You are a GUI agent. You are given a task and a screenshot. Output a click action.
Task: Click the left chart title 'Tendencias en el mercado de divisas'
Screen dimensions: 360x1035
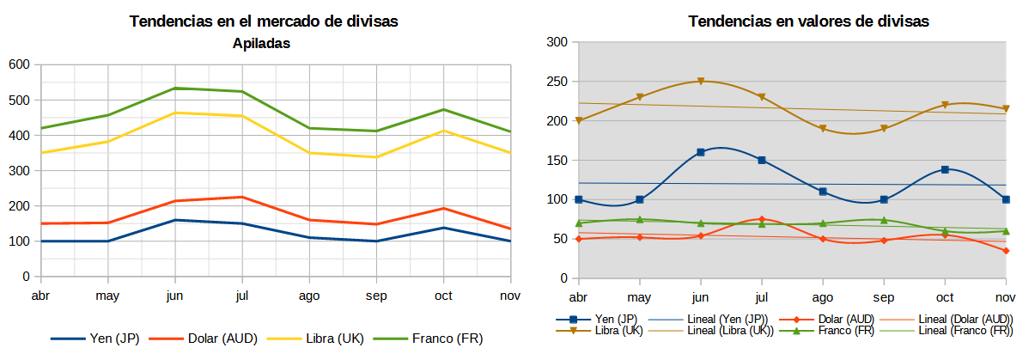(x=264, y=21)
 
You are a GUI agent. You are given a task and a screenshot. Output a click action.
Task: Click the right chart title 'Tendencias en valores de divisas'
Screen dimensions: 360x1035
(x=808, y=21)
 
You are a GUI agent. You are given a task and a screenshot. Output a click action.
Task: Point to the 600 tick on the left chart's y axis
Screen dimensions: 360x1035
(x=19, y=64)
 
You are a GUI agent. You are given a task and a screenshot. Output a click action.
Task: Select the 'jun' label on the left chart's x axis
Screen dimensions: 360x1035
(x=175, y=296)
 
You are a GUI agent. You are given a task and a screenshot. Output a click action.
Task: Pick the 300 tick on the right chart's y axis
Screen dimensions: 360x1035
(x=557, y=42)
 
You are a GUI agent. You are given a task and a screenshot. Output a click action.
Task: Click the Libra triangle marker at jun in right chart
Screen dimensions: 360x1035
(x=701, y=82)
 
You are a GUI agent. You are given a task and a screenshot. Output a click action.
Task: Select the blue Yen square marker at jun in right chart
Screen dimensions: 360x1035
(x=701, y=152)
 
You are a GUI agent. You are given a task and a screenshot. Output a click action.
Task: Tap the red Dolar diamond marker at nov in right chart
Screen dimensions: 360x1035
(x=1006, y=251)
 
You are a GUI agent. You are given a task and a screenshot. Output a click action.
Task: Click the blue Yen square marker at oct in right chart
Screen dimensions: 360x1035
(x=945, y=169)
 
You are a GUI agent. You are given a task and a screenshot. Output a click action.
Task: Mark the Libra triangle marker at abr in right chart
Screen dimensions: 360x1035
(x=579, y=120)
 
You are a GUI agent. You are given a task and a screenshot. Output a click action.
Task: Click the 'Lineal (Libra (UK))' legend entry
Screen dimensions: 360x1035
(x=725, y=331)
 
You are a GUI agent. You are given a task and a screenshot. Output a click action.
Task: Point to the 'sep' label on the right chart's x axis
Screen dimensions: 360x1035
(x=884, y=296)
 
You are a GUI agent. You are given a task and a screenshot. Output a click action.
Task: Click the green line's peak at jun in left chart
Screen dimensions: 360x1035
(x=175, y=88)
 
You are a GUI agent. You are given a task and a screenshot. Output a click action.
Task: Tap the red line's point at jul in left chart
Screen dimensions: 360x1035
(x=242, y=197)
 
